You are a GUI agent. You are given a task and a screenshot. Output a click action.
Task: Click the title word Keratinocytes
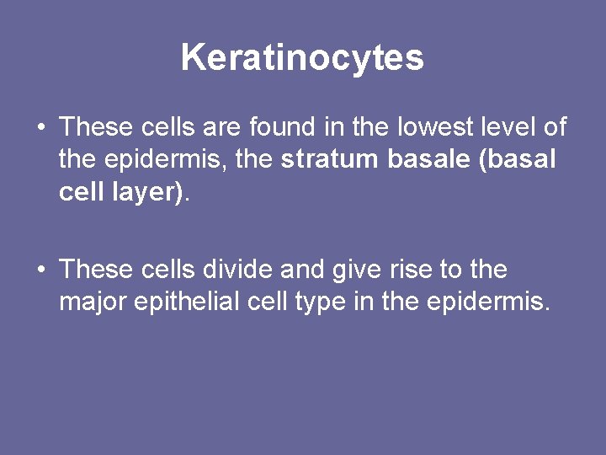coord(302,58)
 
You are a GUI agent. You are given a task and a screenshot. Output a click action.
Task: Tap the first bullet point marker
coord(40,129)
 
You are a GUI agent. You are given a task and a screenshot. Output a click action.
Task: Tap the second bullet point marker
coord(40,270)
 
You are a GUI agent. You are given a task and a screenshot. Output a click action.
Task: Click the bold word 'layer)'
coord(144,192)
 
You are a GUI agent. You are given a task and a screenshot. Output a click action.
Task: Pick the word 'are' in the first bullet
coord(221,127)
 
